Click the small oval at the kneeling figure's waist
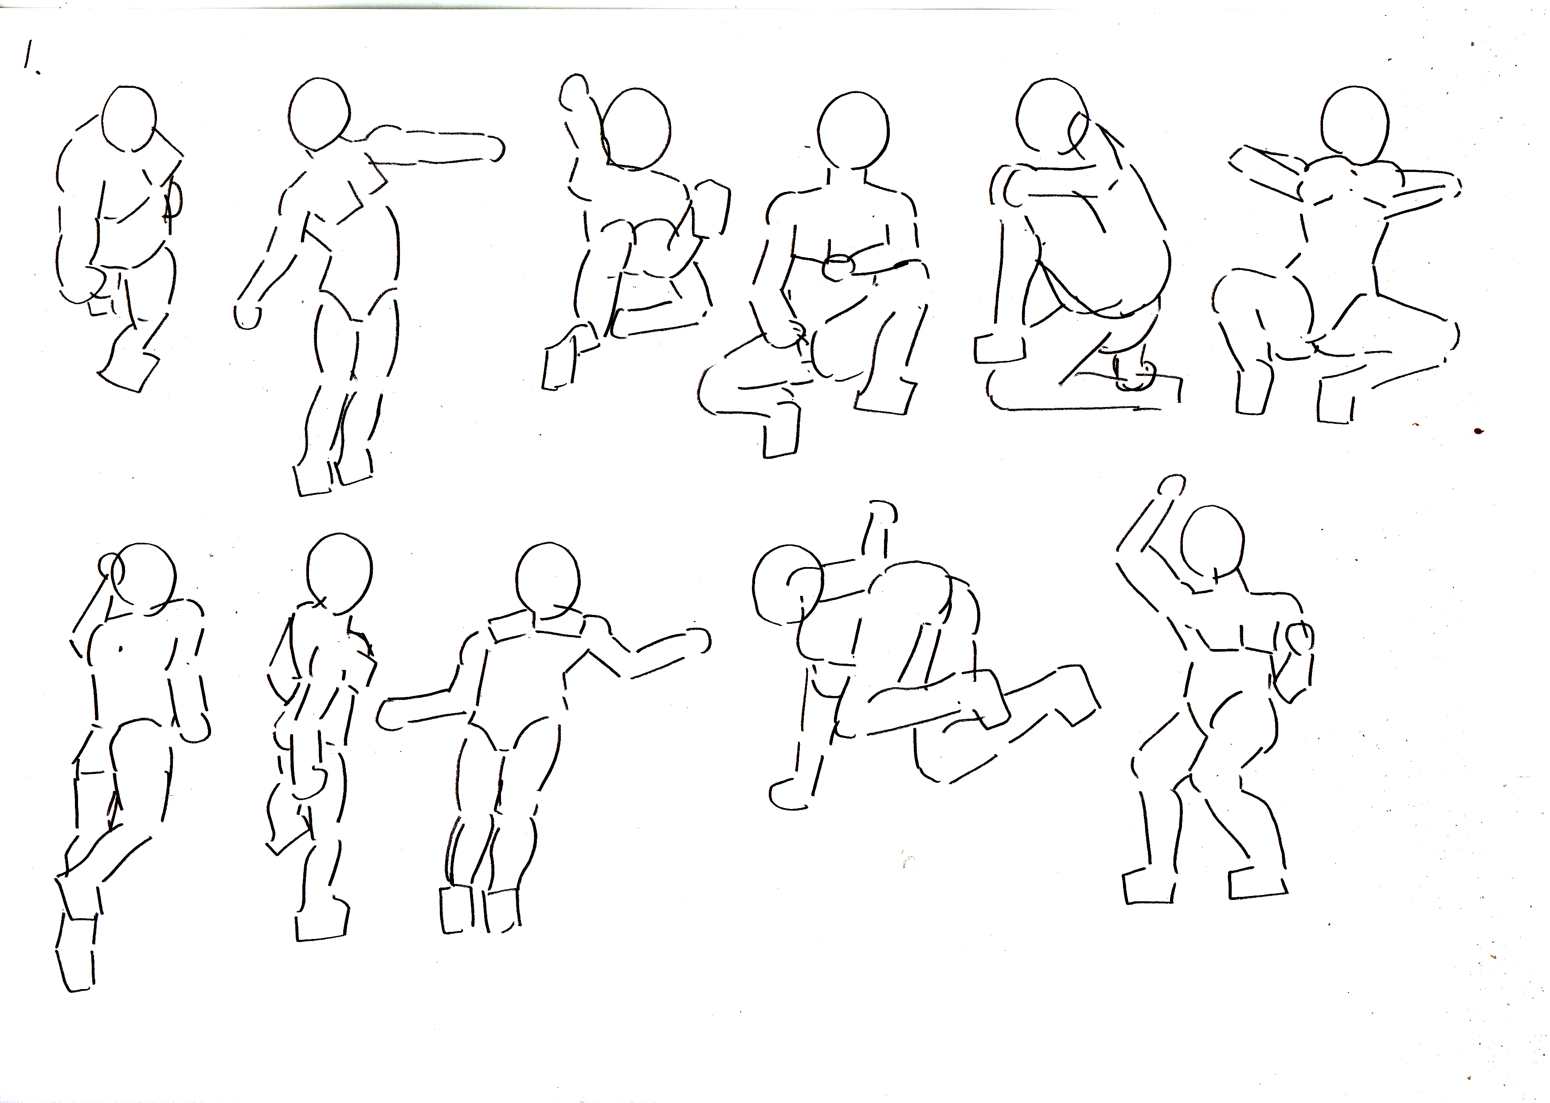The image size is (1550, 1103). click(x=840, y=268)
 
